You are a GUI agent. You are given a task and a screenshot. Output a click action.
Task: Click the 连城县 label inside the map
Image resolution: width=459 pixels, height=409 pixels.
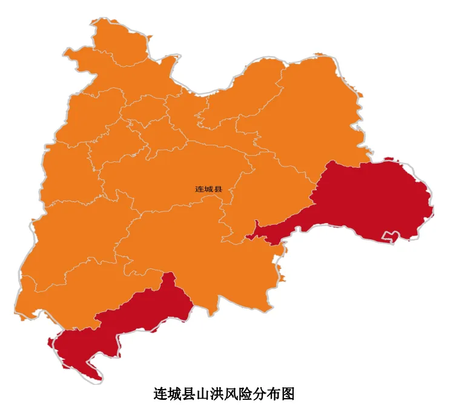(x=209, y=189)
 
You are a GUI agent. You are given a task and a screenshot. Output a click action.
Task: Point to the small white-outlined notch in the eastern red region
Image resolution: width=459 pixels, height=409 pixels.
(x=390, y=236)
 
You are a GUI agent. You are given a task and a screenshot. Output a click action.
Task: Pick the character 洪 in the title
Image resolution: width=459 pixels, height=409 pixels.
(x=217, y=394)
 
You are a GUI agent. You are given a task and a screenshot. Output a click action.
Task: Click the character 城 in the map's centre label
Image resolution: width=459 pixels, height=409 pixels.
(x=209, y=189)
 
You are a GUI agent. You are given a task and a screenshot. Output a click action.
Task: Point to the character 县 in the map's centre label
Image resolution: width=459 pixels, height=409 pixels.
(x=219, y=189)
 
